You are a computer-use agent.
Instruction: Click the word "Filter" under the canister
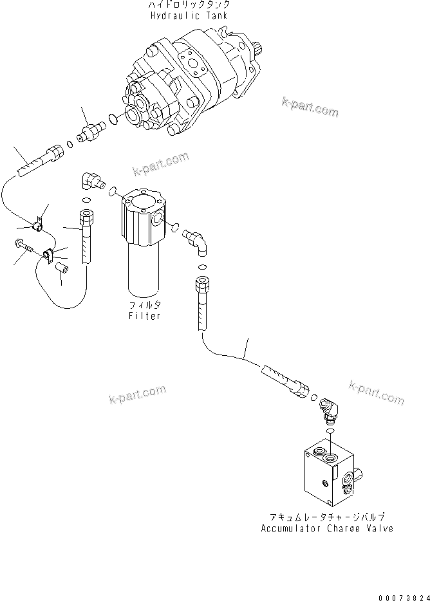(x=144, y=316)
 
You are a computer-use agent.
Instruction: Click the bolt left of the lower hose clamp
(x=23, y=247)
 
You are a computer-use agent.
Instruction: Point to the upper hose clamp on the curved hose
(x=37, y=225)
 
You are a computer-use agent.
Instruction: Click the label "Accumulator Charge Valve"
(x=327, y=528)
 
